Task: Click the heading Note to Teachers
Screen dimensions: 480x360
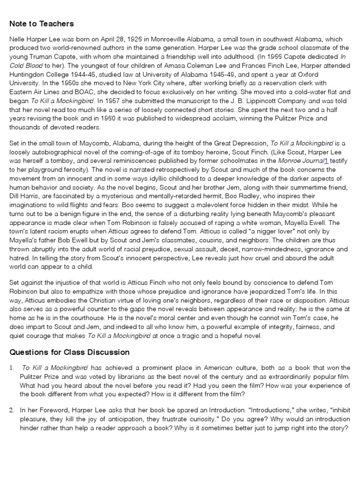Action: coord(41,24)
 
